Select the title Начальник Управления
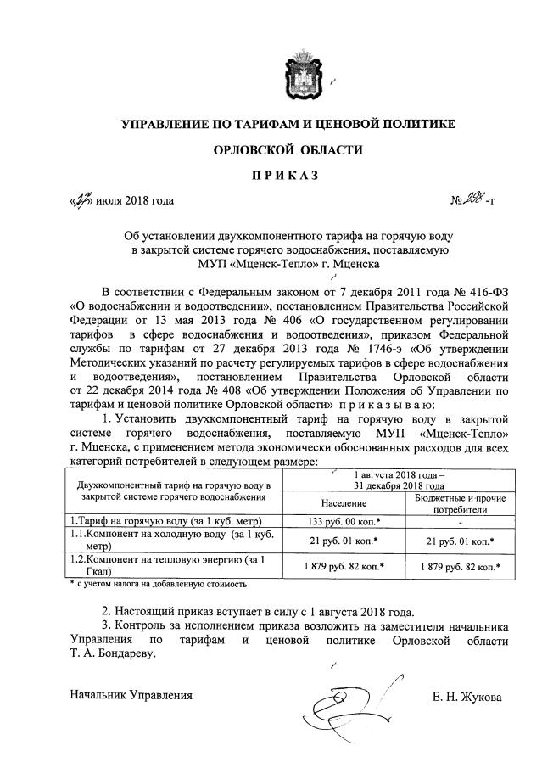pos(131,696)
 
